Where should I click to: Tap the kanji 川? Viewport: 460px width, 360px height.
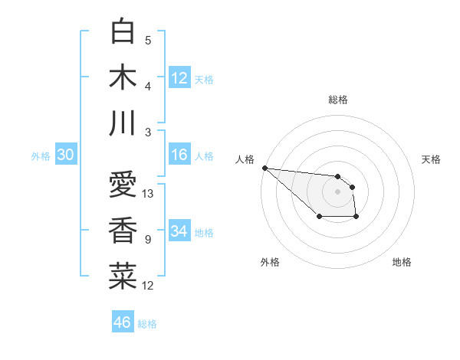(x=123, y=123)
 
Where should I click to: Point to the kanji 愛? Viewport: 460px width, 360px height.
(x=123, y=184)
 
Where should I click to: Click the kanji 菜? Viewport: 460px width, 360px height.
(x=123, y=276)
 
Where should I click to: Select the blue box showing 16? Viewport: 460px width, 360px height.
(x=179, y=155)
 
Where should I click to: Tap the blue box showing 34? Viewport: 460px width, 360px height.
(x=179, y=231)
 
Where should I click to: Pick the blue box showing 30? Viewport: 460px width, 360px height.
(x=66, y=155)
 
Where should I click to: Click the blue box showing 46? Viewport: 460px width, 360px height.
(x=123, y=322)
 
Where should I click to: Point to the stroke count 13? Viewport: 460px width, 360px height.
(x=148, y=194)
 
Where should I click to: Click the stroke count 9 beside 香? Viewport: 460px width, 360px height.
(x=148, y=240)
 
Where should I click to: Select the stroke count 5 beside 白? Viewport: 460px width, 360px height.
(x=148, y=41)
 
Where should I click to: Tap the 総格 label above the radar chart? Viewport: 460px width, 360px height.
(x=337, y=100)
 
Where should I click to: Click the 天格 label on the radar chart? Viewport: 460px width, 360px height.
(x=432, y=159)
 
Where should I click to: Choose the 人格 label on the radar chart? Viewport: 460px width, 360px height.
(x=244, y=159)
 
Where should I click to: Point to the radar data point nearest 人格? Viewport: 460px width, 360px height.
(x=264, y=168)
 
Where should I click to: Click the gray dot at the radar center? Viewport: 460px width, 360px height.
(x=337, y=191)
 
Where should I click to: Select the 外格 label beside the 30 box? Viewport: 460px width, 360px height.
(x=41, y=156)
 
